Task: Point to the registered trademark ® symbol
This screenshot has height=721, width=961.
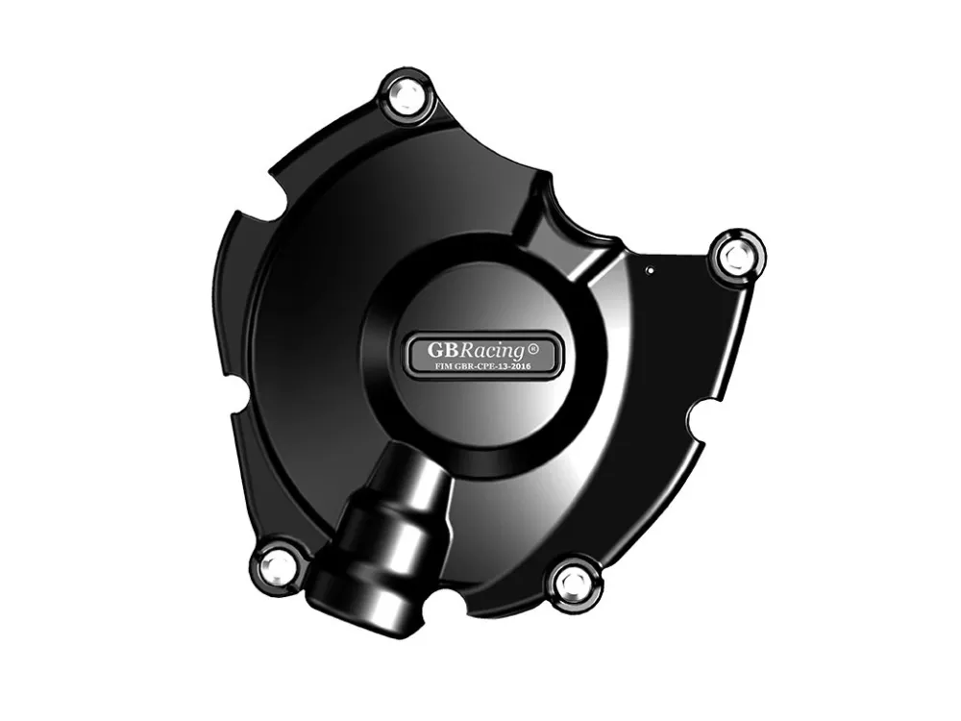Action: [532, 348]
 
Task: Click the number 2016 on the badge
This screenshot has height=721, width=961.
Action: [520, 366]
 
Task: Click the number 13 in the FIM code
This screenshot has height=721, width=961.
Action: [500, 366]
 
